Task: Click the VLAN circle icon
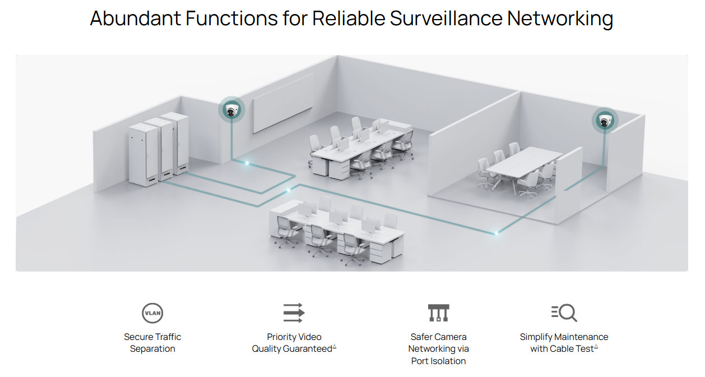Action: coord(152,312)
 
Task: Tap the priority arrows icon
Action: coord(293,312)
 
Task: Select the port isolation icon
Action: coord(438,312)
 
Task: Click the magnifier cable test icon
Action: coord(564,312)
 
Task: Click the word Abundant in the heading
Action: coord(134,19)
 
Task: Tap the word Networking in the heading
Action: coord(560,19)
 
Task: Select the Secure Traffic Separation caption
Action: coord(152,343)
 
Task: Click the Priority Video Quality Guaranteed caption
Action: coord(294,343)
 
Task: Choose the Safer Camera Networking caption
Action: coord(438,348)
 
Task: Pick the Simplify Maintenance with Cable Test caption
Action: coord(564,343)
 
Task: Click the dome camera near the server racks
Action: coord(231,110)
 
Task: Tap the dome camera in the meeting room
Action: coord(605,120)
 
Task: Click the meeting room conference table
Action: coord(523,162)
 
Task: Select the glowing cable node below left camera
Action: coord(247,163)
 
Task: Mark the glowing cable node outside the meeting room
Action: coord(496,232)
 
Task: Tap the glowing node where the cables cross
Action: coord(289,191)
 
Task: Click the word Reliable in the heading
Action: coord(348,19)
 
